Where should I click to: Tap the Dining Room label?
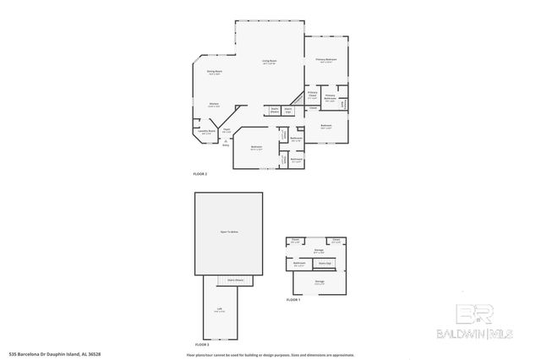pos(215,74)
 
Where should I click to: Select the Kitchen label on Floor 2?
pos(215,105)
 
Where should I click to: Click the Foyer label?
pos(227,130)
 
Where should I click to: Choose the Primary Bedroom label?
pos(326,60)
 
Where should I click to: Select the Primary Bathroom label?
pos(331,97)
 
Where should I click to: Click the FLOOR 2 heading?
pos(200,173)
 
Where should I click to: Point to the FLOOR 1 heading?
pos(292,300)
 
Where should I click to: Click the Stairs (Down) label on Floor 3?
pos(236,279)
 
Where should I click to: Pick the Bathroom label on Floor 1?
pos(299,264)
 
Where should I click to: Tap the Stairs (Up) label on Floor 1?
pos(325,263)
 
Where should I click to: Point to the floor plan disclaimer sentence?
pos(270,354)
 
